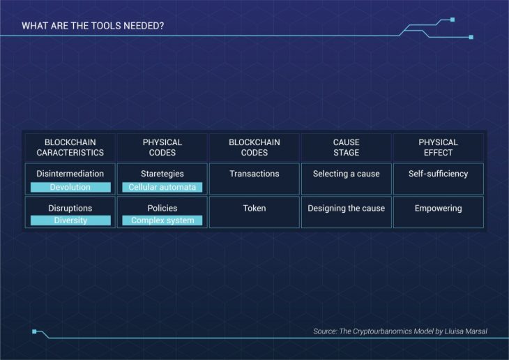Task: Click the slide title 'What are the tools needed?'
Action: click(x=93, y=26)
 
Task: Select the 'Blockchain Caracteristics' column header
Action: click(x=70, y=147)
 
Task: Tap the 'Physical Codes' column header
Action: click(x=162, y=147)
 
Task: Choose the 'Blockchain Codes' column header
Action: click(x=254, y=147)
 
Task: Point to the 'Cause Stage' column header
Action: click(x=347, y=147)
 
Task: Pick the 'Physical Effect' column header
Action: click(x=439, y=147)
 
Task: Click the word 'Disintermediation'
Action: click(x=70, y=174)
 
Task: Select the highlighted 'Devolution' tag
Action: click(x=70, y=187)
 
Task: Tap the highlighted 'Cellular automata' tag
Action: click(x=162, y=187)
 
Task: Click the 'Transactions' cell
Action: click(x=254, y=179)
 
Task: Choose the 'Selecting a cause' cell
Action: click(x=347, y=179)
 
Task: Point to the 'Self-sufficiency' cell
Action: click(x=439, y=179)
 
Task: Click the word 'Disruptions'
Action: click(x=70, y=209)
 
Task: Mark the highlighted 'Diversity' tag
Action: click(x=70, y=220)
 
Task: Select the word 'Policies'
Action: click(x=162, y=209)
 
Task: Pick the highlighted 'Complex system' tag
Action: click(x=162, y=220)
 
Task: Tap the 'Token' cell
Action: click(x=254, y=212)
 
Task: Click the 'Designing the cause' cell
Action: click(x=347, y=212)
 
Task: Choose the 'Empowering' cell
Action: click(x=439, y=212)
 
